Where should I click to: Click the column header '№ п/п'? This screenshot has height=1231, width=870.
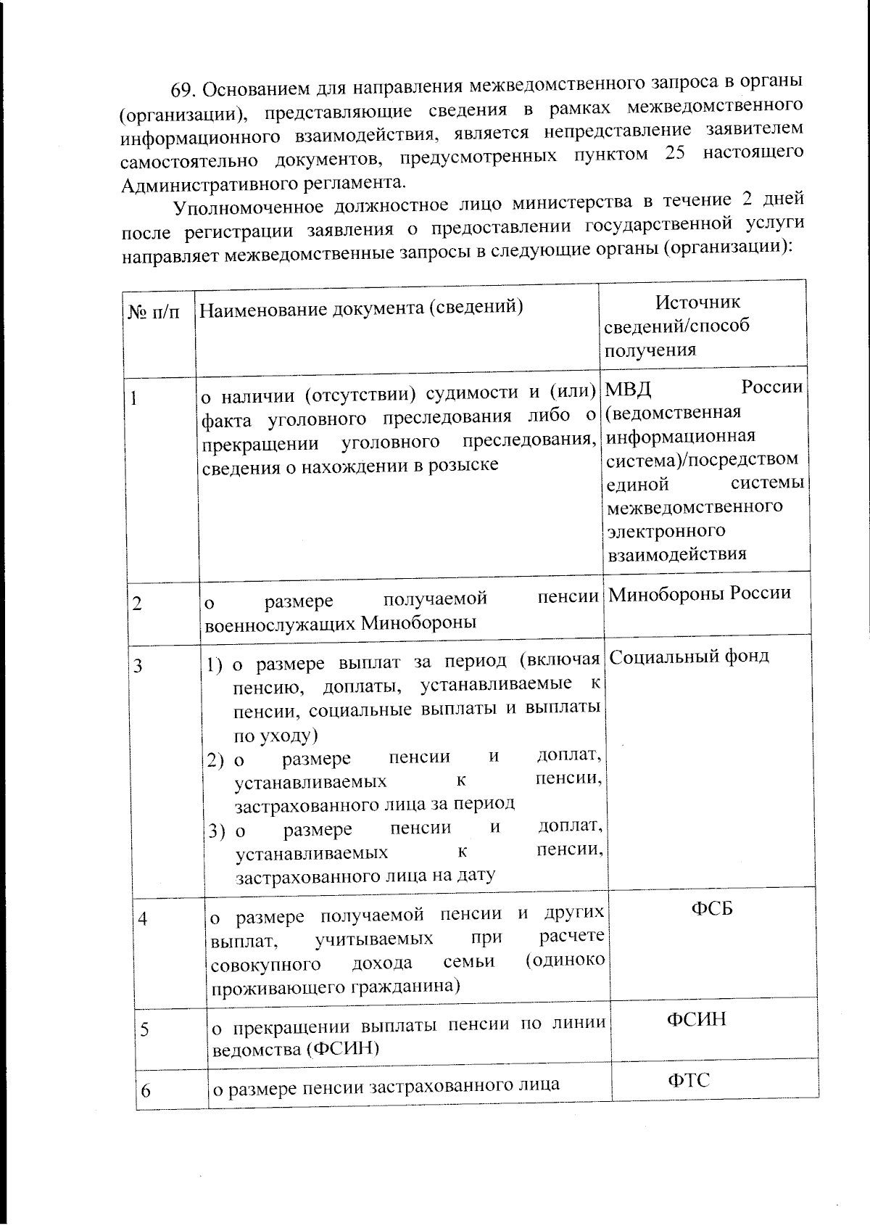point(154,313)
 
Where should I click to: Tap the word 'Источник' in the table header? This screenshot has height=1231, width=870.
point(697,302)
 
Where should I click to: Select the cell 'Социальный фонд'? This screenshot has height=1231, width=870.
point(689,656)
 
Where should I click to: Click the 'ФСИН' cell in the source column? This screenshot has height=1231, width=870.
point(696,1020)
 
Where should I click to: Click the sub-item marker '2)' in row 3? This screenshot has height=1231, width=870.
point(215,760)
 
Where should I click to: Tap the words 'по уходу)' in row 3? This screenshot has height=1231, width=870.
point(275,736)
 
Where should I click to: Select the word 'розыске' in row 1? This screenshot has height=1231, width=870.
point(467,465)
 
